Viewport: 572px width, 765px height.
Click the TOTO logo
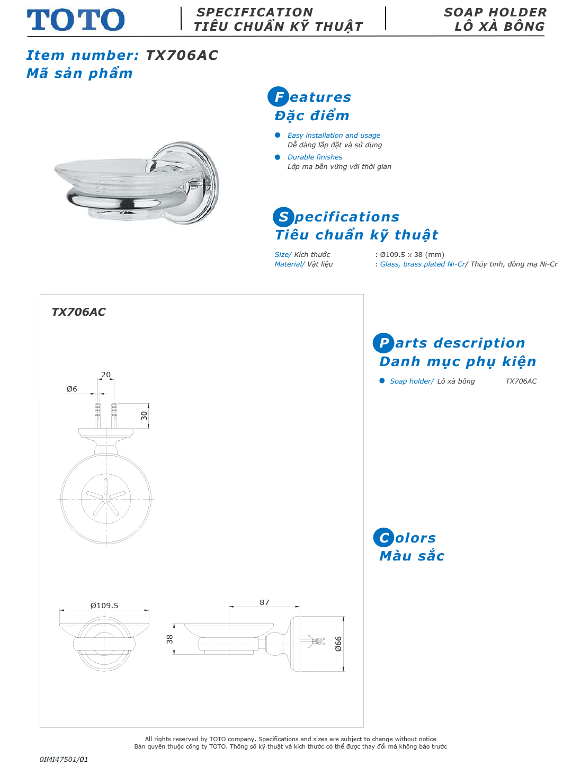[x=76, y=20]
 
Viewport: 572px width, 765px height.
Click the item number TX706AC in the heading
[x=182, y=55]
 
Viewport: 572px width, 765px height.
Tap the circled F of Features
[x=278, y=97]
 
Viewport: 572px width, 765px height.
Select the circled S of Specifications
[x=283, y=217]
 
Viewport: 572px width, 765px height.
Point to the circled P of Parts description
[x=383, y=343]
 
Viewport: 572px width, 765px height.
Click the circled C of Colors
[x=383, y=538]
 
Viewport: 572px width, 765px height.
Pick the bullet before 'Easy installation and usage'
[x=278, y=135]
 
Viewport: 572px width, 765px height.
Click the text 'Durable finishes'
[x=315, y=157]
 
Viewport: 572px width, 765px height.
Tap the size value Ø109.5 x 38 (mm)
[x=412, y=254]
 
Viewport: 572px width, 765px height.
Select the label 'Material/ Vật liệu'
[x=303, y=264]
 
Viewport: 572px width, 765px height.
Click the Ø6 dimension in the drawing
[x=72, y=389]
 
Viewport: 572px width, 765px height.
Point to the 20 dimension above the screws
[x=106, y=375]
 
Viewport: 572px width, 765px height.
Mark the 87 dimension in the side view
[x=264, y=602]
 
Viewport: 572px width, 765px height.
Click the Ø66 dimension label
[x=338, y=644]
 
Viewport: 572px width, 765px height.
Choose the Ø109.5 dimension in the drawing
[x=104, y=606]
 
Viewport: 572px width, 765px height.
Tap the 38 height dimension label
[x=169, y=639]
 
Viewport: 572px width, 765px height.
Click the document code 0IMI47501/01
[x=64, y=759]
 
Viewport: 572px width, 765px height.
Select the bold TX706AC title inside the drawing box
[x=78, y=312]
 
